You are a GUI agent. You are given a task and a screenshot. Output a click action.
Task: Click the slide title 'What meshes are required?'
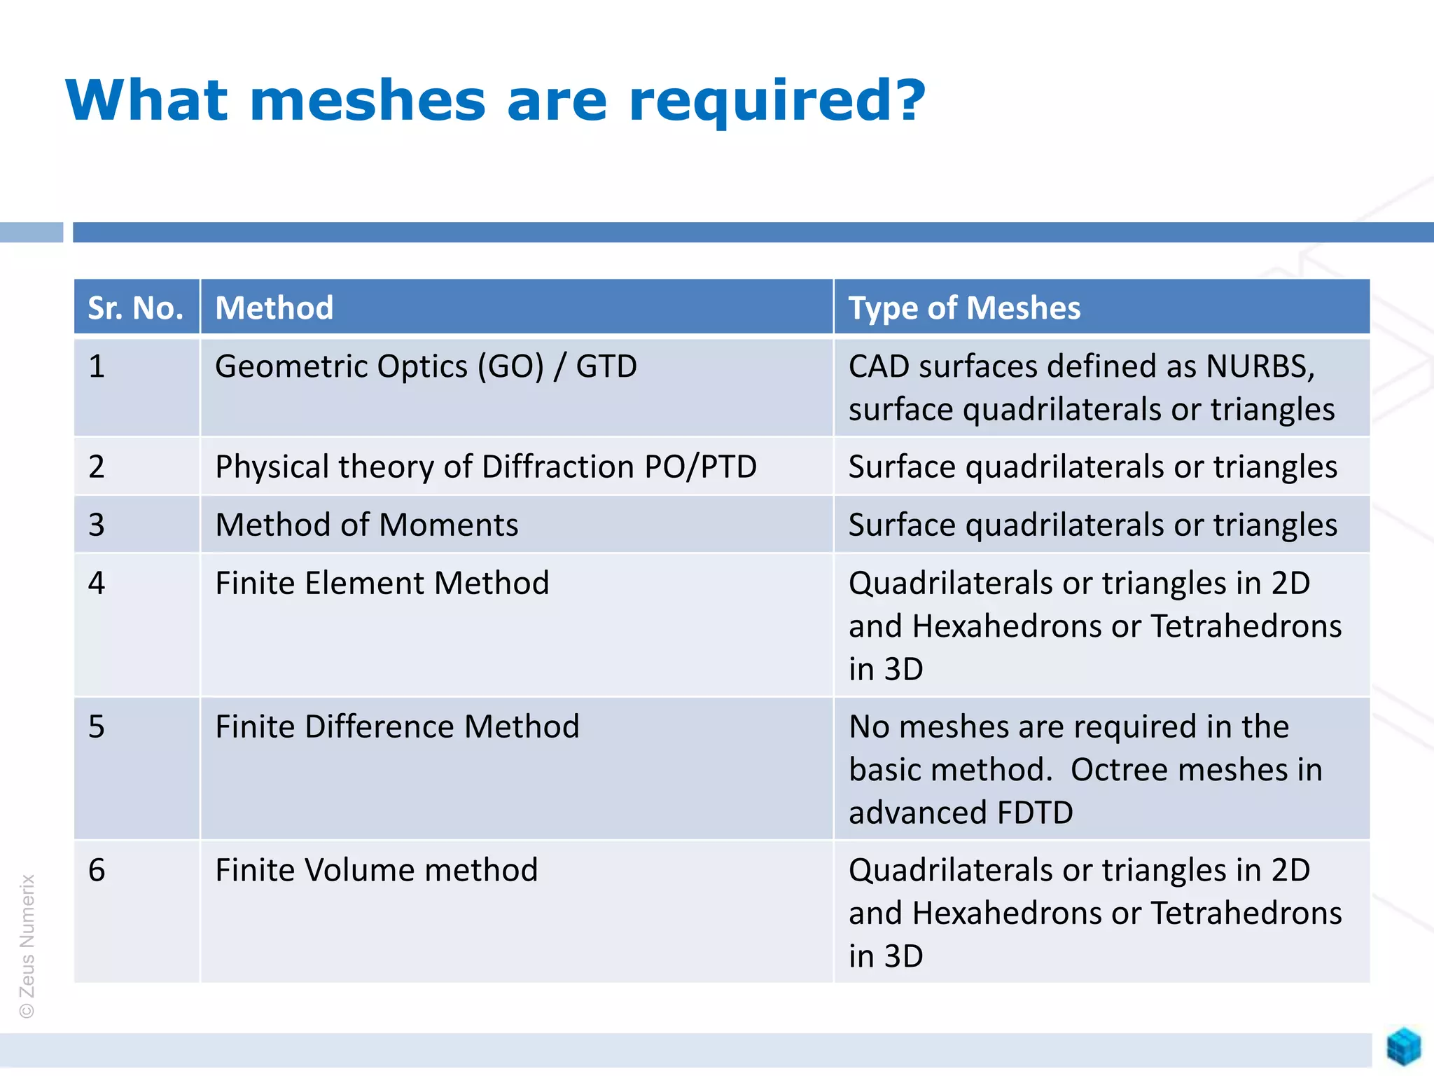pos(495,101)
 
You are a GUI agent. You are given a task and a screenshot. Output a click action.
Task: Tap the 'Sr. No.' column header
pos(136,308)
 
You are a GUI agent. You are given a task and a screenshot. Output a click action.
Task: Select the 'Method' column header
pos(274,308)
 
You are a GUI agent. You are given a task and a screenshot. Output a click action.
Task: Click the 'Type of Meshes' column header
pos(964,308)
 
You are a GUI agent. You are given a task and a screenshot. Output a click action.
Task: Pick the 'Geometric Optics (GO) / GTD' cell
pos(426,366)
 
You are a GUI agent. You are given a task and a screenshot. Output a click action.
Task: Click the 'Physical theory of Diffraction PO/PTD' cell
pos(486,467)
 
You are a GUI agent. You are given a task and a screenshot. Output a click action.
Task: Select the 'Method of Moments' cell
pos(366,525)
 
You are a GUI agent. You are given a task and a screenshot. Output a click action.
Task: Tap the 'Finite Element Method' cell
pos(382,583)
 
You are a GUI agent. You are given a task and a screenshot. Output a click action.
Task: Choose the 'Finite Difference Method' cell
pos(397,726)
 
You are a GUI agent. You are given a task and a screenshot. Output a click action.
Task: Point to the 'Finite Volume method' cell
pos(376,870)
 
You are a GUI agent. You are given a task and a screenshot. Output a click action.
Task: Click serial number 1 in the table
pos(97,366)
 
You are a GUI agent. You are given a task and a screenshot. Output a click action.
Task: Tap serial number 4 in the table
pos(97,583)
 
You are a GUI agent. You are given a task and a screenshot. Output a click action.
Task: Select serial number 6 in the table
pos(97,870)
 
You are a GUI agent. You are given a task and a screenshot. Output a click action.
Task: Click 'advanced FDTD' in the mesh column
pos(961,813)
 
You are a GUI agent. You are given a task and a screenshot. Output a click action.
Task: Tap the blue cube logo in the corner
pos(1403,1047)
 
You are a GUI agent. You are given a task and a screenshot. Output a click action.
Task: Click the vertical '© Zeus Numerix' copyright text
pos(27,946)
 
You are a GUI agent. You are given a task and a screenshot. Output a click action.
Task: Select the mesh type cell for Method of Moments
pos(1092,525)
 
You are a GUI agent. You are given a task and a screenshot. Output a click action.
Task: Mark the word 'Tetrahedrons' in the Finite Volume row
pos(1246,913)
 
